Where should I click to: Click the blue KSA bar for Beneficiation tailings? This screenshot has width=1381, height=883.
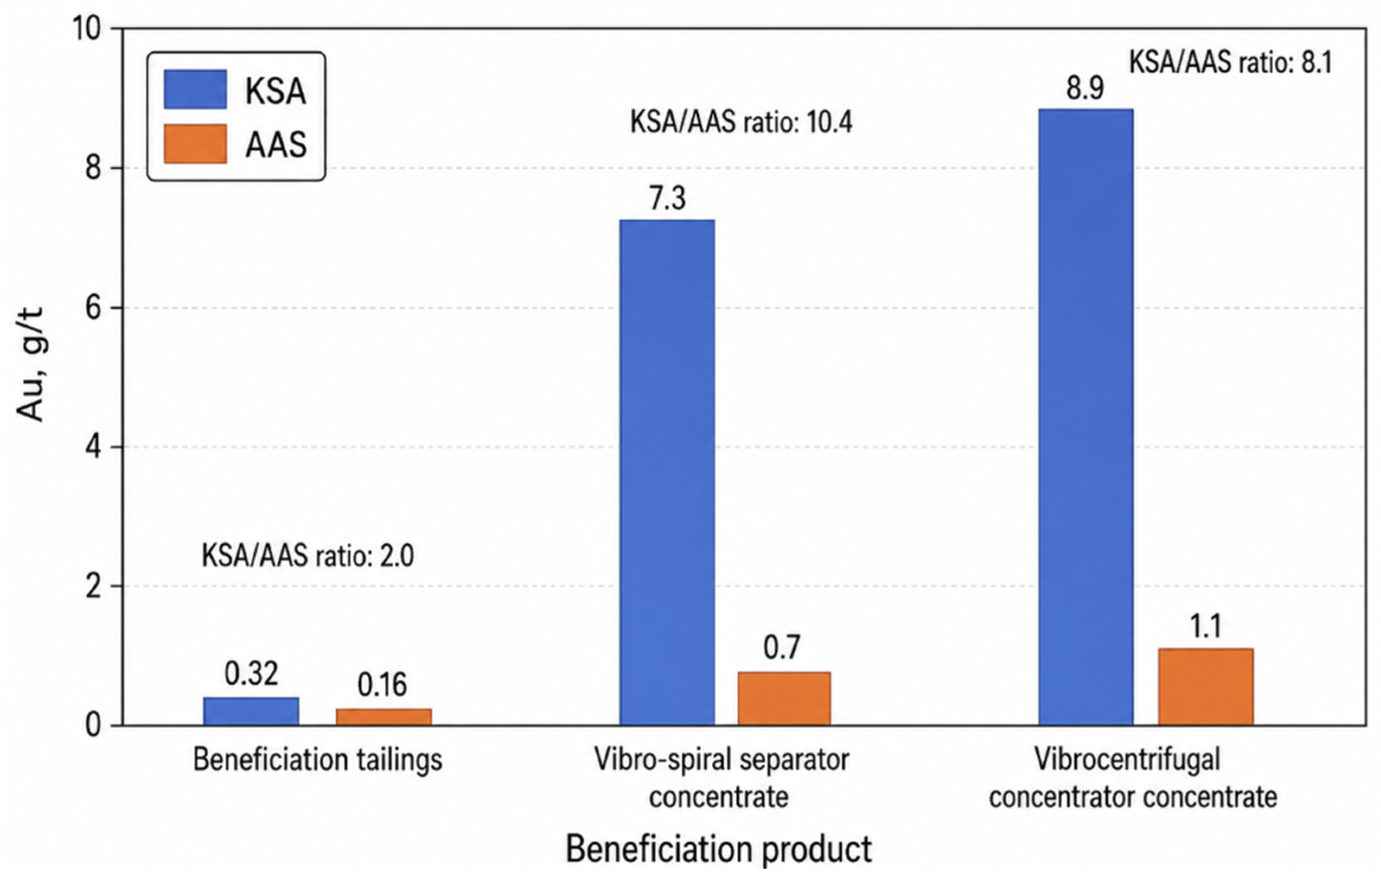251,711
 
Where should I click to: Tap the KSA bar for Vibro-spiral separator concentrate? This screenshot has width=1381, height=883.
668,472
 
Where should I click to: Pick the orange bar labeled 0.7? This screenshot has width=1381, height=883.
784,698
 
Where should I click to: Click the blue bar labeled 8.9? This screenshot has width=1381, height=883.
1086,417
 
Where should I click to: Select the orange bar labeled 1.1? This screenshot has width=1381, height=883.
1205,687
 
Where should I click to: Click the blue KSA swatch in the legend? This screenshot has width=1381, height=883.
195,89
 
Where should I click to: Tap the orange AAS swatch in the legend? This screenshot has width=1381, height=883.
195,144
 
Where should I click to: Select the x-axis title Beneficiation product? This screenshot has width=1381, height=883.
719,849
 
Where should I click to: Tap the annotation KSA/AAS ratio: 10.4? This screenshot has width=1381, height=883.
742,123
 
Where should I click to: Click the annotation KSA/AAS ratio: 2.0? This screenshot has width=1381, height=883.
307,556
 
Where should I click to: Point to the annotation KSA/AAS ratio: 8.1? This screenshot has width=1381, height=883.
1231,63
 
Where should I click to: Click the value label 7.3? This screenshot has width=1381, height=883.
668,199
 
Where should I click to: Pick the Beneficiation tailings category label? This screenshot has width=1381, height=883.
318,760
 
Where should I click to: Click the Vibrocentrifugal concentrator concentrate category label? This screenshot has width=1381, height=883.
1133,779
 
